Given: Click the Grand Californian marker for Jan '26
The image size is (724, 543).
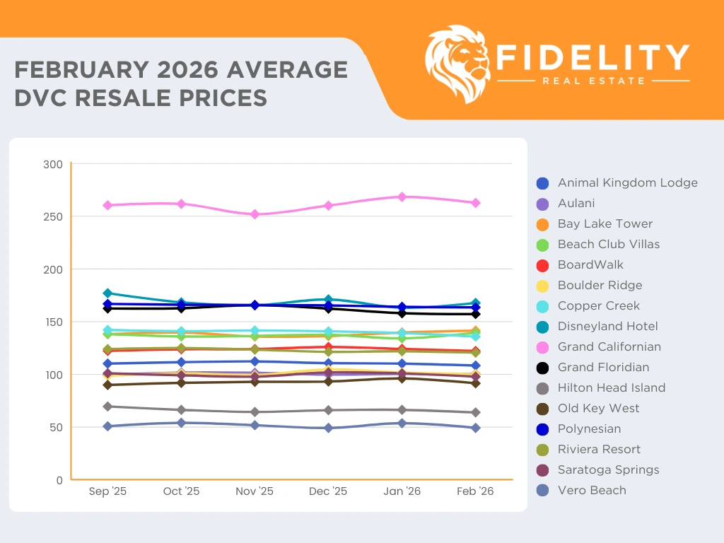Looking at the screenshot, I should click(402, 197).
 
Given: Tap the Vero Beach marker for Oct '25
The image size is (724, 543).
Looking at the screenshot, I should click(181, 423).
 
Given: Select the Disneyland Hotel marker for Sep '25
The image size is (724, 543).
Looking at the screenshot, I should click(107, 293).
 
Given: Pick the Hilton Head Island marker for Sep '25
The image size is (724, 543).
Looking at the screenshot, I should click(107, 407).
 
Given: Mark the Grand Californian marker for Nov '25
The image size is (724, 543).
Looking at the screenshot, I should click(255, 214).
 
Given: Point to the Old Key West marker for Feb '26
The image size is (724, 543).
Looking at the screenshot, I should click(476, 383).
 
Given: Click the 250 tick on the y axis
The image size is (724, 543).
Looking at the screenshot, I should click(71, 216).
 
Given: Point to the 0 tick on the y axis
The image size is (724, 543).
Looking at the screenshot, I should click(71, 479).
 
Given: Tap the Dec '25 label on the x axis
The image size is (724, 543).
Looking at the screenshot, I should click(328, 491).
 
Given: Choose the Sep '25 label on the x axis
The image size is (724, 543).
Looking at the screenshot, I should click(107, 491).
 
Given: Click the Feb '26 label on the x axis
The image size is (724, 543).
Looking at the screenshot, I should click(476, 491).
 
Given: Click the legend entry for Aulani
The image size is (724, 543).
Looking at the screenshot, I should click(576, 203).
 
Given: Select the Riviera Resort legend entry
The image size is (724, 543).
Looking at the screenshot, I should click(599, 449).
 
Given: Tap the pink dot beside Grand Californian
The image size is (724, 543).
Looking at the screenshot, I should click(542, 347).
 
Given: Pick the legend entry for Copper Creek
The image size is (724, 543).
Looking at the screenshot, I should click(598, 305).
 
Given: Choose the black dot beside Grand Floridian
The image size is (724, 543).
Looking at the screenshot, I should click(542, 368).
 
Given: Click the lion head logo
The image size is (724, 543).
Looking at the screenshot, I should click(457, 64).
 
